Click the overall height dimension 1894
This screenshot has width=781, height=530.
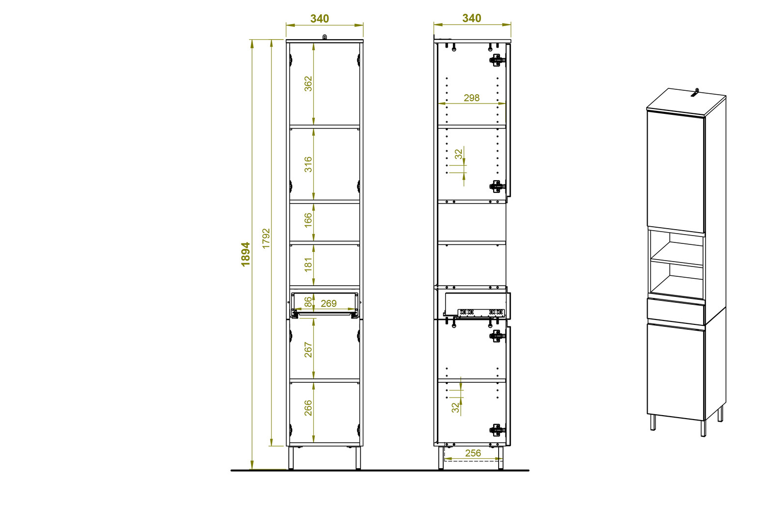(246, 254)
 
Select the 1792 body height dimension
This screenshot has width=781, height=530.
(266, 238)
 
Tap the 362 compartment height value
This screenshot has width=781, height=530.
(308, 84)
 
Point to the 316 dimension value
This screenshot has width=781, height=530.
(308, 164)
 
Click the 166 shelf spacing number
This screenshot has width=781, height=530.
(308, 220)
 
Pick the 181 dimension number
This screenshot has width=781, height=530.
(308, 265)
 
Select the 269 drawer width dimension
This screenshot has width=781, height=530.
(328, 304)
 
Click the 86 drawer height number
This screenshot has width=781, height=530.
(308, 302)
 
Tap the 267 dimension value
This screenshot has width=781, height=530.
(308, 349)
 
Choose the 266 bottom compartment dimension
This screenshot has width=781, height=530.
(308, 408)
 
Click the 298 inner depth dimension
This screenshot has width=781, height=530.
(471, 98)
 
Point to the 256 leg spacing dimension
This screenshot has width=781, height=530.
(473, 453)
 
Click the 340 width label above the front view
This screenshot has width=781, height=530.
(319, 19)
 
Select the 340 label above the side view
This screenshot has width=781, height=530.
(472, 18)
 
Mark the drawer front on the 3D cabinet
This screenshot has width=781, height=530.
(676, 311)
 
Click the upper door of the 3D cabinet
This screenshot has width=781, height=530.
(676, 172)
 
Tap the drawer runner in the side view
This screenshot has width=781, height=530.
(481, 313)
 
